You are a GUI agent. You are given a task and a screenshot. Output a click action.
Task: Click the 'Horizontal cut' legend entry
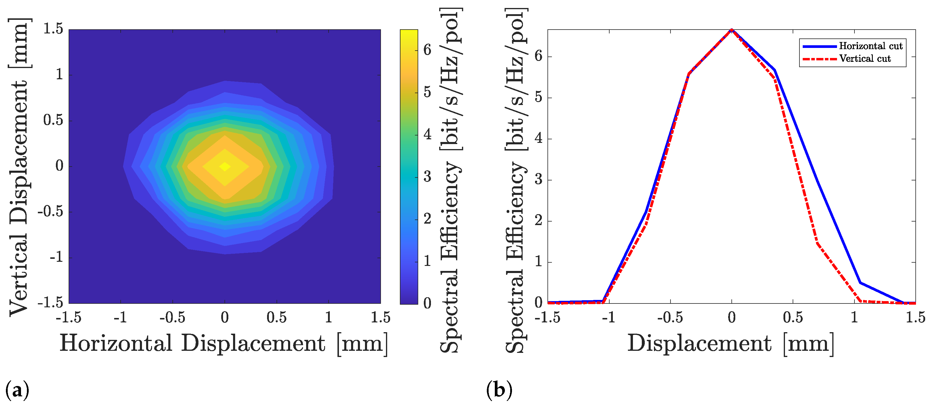(870, 46)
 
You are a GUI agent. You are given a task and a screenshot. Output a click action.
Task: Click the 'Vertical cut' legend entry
(865, 59)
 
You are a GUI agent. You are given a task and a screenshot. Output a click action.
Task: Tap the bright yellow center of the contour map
(225, 166)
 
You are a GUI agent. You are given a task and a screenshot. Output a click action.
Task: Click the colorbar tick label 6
(427, 49)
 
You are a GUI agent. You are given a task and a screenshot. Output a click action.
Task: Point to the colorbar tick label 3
(427, 177)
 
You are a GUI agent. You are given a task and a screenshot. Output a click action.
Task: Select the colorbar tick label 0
(427, 303)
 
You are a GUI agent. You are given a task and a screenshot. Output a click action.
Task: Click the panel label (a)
(17, 390)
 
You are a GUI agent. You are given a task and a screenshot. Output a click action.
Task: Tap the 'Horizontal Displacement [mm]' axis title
(224, 343)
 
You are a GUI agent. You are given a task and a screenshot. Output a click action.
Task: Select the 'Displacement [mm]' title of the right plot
(731, 343)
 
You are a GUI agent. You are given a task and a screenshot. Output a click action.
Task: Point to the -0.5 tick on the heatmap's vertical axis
(51, 212)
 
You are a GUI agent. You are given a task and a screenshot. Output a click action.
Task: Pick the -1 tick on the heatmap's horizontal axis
(120, 317)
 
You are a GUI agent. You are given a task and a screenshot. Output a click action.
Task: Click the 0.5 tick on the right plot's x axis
(793, 317)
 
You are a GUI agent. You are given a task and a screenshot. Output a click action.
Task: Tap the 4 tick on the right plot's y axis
(538, 138)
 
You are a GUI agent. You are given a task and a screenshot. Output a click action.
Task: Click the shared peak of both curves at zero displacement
(731, 30)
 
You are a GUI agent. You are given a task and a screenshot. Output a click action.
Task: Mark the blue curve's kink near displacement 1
(860, 282)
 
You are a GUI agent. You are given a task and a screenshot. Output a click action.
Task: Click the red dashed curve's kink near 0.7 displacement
(817, 243)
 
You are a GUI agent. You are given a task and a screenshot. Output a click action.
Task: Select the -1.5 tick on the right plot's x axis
(547, 317)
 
